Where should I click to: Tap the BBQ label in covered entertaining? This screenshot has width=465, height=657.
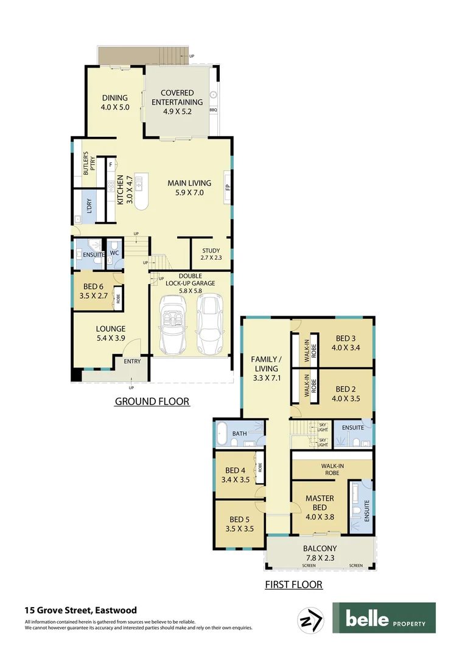pyautogui.click(x=213, y=110)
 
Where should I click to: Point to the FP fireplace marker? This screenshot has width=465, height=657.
pyautogui.click(x=226, y=187)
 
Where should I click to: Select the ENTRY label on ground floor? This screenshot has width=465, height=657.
pyautogui.click(x=132, y=361)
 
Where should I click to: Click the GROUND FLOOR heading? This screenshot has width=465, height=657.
pyautogui.click(x=152, y=401)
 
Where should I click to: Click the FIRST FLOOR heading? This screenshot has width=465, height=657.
pyautogui.click(x=293, y=585)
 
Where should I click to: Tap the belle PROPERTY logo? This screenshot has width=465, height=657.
pyautogui.click(x=383, y=618)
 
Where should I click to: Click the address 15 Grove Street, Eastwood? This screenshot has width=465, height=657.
pyautogui.click(x=80, y=610)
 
